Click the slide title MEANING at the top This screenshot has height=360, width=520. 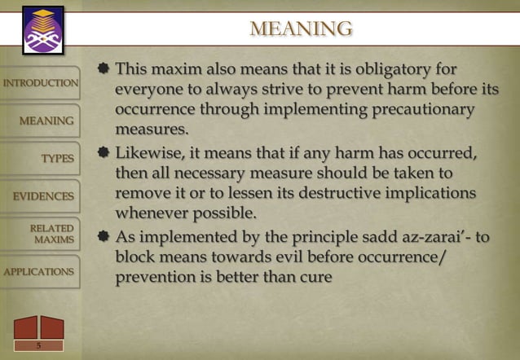point(302,30)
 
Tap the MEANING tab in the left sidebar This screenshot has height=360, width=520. point(46,121)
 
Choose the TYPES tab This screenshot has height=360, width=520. point(58,158)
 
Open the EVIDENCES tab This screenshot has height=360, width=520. point(43,195)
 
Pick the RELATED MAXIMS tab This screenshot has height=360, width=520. point(52,234)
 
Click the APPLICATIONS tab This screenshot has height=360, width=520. point(39,271)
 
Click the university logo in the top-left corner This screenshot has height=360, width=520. point(37,28)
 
